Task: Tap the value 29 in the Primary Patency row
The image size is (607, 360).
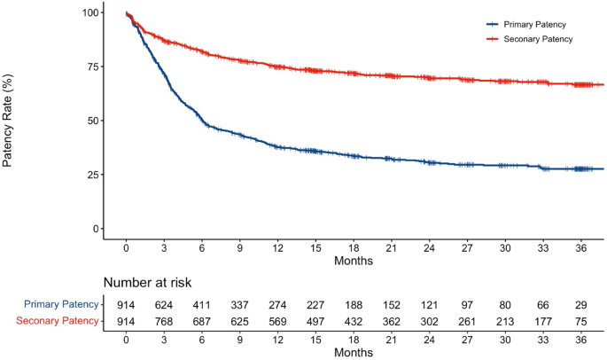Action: tap(581, 304)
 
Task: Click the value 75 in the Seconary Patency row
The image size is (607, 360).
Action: tap(581, 321)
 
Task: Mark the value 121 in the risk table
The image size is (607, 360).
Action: tap(430, 304)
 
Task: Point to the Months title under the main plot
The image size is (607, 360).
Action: tap(354, 262)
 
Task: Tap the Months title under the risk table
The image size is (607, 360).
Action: tap(354, 352)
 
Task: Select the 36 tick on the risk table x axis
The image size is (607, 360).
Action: tap(581, 340)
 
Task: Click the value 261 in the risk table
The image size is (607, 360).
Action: tap(468, 321)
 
